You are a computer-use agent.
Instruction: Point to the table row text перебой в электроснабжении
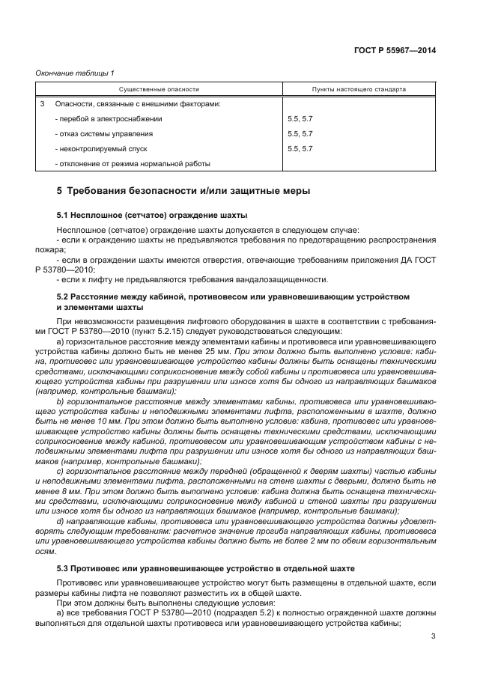click(109, 118)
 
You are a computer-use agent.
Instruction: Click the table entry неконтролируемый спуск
click(101, 148)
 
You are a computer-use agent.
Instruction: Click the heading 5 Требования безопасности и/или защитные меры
click(183, 191)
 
